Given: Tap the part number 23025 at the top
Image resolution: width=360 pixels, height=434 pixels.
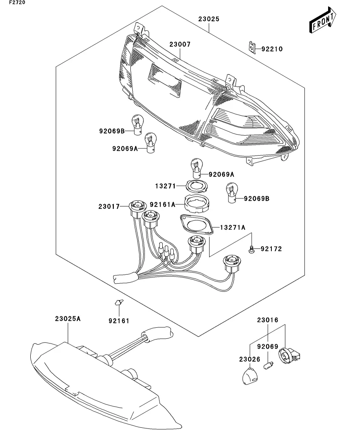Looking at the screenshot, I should click(x=209, y=19).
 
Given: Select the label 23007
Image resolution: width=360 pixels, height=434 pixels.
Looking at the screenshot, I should click(x=180, y=44).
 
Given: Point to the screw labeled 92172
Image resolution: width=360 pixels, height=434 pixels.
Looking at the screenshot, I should click(x=251, y=249).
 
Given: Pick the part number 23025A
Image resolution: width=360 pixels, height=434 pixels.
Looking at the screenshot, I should click(x=68, y=319).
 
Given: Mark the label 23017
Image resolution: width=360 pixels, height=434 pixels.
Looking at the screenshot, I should click(x=109, y=206).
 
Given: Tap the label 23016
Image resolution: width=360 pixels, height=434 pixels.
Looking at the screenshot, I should click(x=268, y=320).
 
